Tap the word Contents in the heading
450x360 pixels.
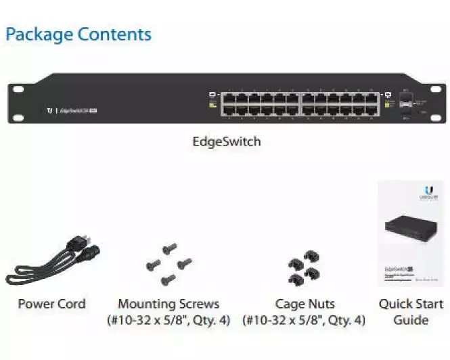click(x=114, y=34)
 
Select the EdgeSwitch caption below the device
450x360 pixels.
click(x=227, y=142)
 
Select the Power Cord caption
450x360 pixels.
click(x=51, y=305)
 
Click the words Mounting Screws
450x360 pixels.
click(x=168, y=305)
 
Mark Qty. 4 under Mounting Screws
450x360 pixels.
click(x=210, y=320)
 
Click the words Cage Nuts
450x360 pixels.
click(x=305, y=305)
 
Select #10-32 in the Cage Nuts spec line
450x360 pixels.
click(x=266, y=320)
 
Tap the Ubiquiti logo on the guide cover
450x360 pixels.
click(x=428, y=192)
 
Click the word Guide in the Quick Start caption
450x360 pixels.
click(x=411, y=320)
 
